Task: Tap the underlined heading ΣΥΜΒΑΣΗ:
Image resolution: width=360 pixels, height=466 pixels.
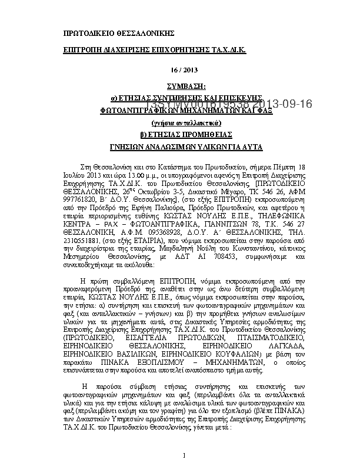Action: tap(180, 85)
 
